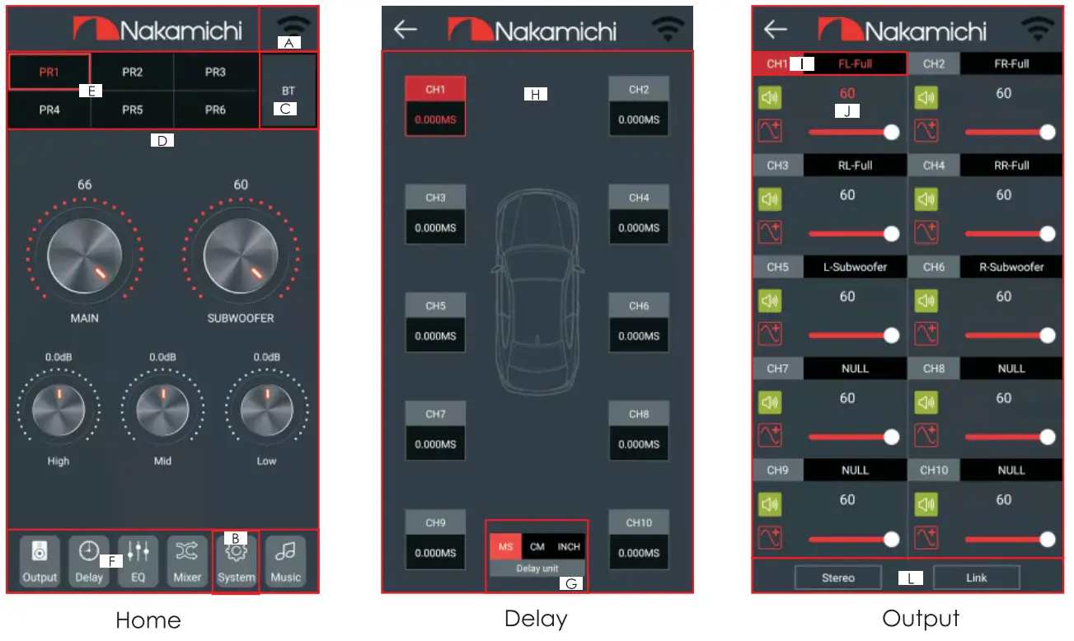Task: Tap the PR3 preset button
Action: (x=215, y=73)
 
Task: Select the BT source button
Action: (x=288, y=91)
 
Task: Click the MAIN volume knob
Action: (x=84, y=256)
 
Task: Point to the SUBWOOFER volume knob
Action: (x=241, y=256)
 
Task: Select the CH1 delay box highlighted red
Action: (x=435, y=105)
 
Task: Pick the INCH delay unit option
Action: (x=569, y=546)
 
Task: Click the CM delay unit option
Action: (x=537, y=546)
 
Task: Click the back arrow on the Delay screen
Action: (x=406, y=30)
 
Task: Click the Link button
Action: (x=976, y=578)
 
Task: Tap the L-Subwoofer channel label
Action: (x=855, y=267)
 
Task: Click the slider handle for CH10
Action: (x=1048, y=539)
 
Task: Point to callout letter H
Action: (x=535, y=95)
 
